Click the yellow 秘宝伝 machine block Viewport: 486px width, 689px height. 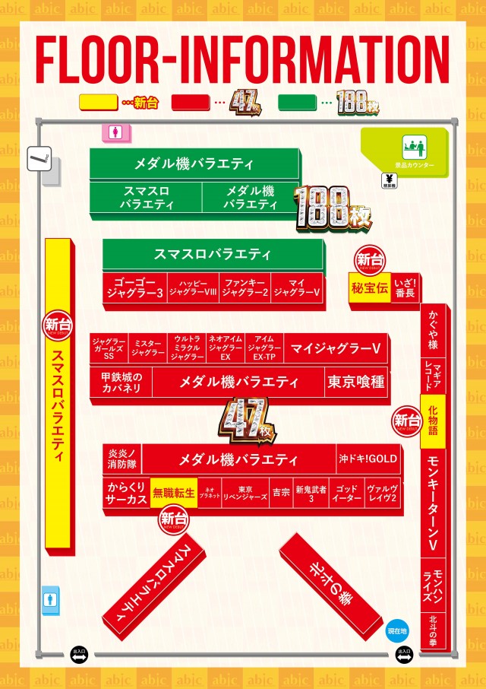pyautogui.click(x=370, y=288)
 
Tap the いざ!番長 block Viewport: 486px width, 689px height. pyautogui.click(x=405, y=289)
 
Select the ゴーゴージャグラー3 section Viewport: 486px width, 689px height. pyautogui.click(x=134, y=287)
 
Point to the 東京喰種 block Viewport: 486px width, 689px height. pyautogui.click(x=355, y=382)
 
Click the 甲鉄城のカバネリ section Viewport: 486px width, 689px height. pyautogui.click(x=121, y=382)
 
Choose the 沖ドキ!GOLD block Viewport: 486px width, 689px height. pyautogui.click(x=368, y=459)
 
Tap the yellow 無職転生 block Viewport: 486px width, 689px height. pyautogui.click(x=174, y=493)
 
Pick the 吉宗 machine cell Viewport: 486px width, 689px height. pyautogui.click(x=281, y=493)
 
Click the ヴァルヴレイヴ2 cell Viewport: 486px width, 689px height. pyautogui.click(x=382, y=493)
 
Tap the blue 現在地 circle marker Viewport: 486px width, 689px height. pyautogui.click(x=397, y=630)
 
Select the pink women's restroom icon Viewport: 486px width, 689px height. pyautogui.click(x=115, y=132)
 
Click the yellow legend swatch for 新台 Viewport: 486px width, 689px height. pyautogui.click(x=99, y=102)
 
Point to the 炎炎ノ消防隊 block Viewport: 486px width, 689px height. pyautogui.click(x=121, y=459)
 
